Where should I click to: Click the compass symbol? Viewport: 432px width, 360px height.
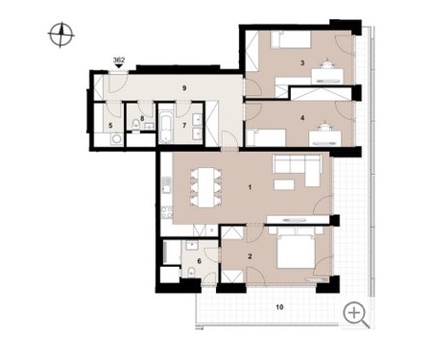click(x=60, y=35)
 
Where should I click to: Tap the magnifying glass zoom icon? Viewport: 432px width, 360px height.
click(x=356, y=315)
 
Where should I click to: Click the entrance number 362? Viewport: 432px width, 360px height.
click(x=119, y=60)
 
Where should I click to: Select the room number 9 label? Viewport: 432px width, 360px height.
click(x=184, y=88)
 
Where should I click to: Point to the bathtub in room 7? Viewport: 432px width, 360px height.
click(x=166, y=129)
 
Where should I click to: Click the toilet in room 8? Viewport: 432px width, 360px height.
click(x=136, y=124)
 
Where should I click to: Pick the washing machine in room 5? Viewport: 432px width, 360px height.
click(x=115, y=139)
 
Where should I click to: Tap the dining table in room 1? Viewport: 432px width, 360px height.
click(x=205, y=187)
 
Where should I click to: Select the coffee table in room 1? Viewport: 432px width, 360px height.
click(x=284, y=184)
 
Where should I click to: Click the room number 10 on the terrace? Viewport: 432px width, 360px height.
click(x=279, y=307)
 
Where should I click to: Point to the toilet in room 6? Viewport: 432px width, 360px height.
click(x=191, y=272)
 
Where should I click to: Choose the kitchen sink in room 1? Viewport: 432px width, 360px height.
click(x=166, y=184)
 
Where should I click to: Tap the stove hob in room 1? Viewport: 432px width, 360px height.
click(x=166, y=213)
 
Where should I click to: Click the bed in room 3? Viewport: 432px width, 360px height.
click(x=291, y=39)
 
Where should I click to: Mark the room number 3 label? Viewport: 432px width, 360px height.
click(x=302, y=63)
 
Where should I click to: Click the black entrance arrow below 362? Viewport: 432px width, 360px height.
click(x=119, y=66)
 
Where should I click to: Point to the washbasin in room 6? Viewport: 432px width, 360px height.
click(x=193, y=246)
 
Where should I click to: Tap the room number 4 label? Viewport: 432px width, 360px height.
click(x=302, y=118)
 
